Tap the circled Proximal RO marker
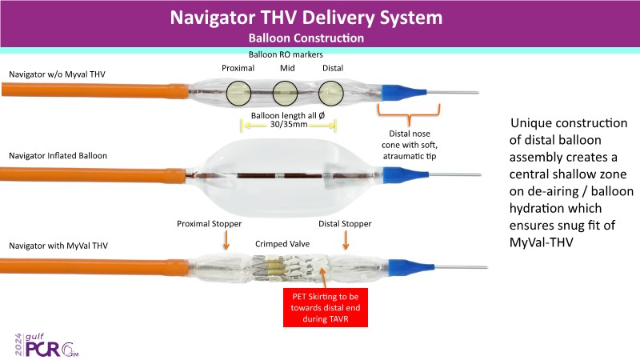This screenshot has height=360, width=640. click(239, 94)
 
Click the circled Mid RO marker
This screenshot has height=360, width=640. click(287, 94)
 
